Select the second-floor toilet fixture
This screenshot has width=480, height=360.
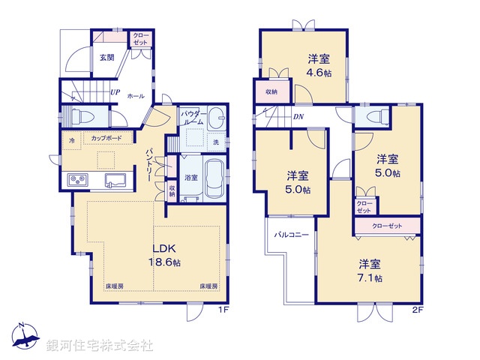pos(371,117)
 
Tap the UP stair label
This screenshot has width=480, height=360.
pos(115,92)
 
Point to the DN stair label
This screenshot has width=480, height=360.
pos(298,117)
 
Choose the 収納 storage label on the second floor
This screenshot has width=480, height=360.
pos(271,91)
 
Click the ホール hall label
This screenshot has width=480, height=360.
pos(136,96)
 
